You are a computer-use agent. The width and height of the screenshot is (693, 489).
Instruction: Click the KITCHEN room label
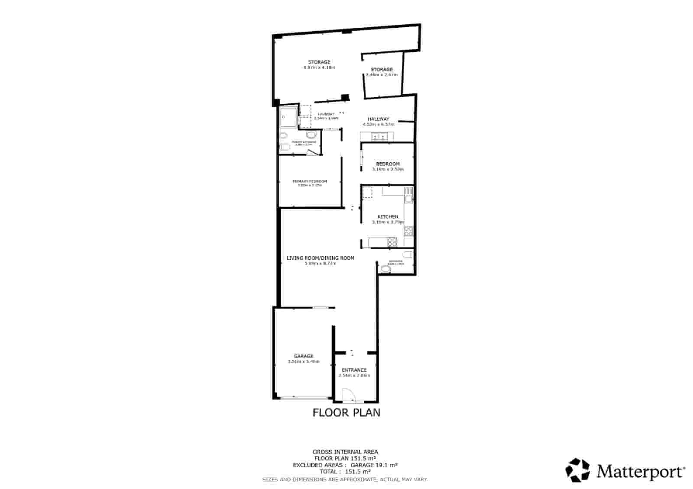pyautogui.click(x=388, y=217)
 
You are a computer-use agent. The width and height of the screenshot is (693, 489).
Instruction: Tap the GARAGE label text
pyautogui.click(x=303, y=356)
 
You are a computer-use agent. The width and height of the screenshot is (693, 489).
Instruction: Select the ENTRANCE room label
pyautogui.click(x=354, y=370)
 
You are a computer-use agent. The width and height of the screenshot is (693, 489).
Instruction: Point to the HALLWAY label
pyautogui.click(x=378, y=119)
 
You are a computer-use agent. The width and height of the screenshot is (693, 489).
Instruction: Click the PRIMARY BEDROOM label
pyautogui.click(x=310, y=181)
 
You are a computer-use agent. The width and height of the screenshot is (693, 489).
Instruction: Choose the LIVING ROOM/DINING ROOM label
pyautogui.click(x=320, y=258)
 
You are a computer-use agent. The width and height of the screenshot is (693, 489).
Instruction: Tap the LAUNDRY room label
pyautogui.click(x=326, y=114)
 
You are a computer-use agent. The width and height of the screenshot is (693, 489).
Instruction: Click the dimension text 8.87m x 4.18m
pyautogui.click(x=319, y=68)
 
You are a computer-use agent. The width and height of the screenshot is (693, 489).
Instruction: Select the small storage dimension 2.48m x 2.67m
pyautogui.click(x=382, y=75)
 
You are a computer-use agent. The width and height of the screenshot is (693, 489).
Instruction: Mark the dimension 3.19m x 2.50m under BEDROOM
pyautogui.click(x=388, y=169)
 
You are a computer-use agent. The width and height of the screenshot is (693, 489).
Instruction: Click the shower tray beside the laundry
pyautogui.click(x=288, y=116)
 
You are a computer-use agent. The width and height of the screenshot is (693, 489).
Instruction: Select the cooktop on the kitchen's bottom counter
pyautogui.click(x=392, y=242)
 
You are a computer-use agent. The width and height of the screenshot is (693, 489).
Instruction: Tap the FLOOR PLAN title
pyautogui.click(x=346, y=412)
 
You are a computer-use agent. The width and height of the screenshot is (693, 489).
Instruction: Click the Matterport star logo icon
pyautogui.click(x=578, y=470)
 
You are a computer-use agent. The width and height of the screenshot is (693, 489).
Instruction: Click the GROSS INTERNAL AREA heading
pyautogui.click(x=345, y=452)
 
